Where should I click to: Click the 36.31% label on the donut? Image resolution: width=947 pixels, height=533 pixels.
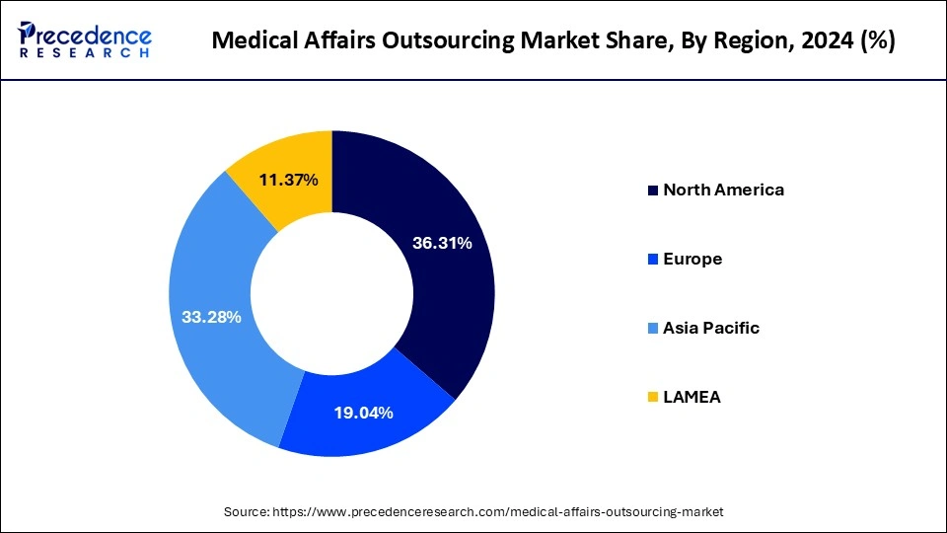440,243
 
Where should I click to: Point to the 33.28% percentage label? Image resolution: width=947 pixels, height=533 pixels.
211,317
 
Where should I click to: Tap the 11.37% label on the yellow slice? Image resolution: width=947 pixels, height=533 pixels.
288,180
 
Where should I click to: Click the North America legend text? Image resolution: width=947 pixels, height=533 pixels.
723,190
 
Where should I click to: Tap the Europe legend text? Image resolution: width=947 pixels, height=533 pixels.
692,259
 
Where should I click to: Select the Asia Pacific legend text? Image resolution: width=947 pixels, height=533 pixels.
711,328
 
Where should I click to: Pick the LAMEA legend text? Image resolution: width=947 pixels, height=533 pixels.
692,397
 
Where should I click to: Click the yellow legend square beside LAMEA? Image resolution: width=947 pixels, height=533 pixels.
652,397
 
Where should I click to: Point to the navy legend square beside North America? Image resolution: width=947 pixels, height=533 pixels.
652,190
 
